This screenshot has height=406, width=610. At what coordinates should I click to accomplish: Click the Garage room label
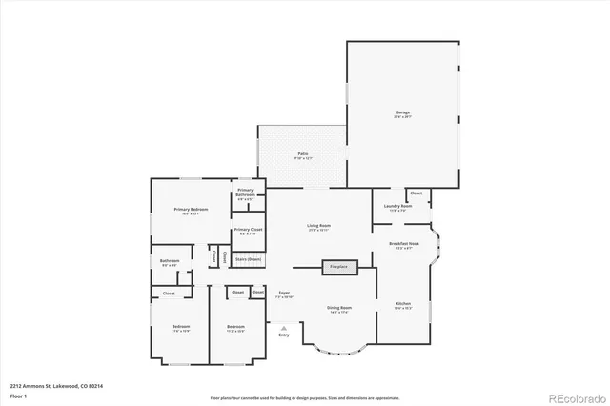tap(403, 114)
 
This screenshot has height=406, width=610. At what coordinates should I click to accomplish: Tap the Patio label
tap(301, 154)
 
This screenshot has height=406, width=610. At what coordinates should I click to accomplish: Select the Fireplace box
tap(339, 268)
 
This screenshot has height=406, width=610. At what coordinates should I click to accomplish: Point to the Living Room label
tap(318, 228)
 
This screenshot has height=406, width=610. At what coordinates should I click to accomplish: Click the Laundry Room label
tap(397, 207)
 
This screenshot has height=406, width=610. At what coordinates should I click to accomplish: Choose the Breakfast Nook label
tap(404, 245)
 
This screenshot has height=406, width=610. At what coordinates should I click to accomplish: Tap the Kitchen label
tap(402, 306)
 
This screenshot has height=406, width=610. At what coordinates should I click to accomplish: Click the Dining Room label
tap(340, 310)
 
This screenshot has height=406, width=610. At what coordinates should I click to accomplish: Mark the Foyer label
tap(284, 294)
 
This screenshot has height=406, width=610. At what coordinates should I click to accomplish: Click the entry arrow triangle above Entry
tap(283, 326)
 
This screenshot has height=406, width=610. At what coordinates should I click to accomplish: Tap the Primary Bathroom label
tap(245, 193)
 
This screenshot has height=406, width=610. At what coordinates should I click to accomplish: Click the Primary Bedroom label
tap(191, 211)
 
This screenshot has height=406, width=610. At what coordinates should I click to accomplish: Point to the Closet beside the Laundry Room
tap(417, 193)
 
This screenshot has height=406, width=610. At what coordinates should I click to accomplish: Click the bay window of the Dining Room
tap(339, 349)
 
